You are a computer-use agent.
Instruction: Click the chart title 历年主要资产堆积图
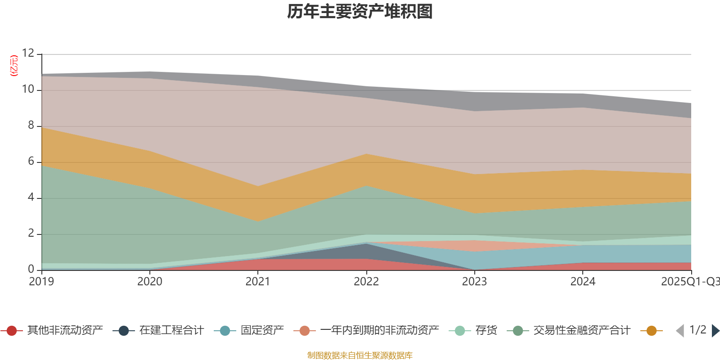[x=360, y=12]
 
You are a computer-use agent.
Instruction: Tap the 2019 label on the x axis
[x=41, y=282]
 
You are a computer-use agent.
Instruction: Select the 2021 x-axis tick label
[x=258, y=282]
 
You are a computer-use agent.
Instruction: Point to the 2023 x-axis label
[x=474, y=282]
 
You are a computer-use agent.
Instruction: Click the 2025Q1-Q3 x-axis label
[x=690, y=282]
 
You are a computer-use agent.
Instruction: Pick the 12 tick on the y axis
[x=28, y=53]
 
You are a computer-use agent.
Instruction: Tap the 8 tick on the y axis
[x=31, y=126]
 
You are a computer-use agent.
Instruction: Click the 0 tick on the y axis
[x=31, y=269]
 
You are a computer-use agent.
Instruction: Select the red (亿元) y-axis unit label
[x=14, y=66]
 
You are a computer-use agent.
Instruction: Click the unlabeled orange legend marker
[x=652, y=331]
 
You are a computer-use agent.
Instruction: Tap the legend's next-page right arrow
[x=715, y=331]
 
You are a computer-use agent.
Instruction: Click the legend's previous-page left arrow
[x=680, y=331]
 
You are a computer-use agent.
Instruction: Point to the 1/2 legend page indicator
[x=697, y=330]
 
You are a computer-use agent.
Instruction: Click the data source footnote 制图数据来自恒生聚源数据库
[x=360, y=355]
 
